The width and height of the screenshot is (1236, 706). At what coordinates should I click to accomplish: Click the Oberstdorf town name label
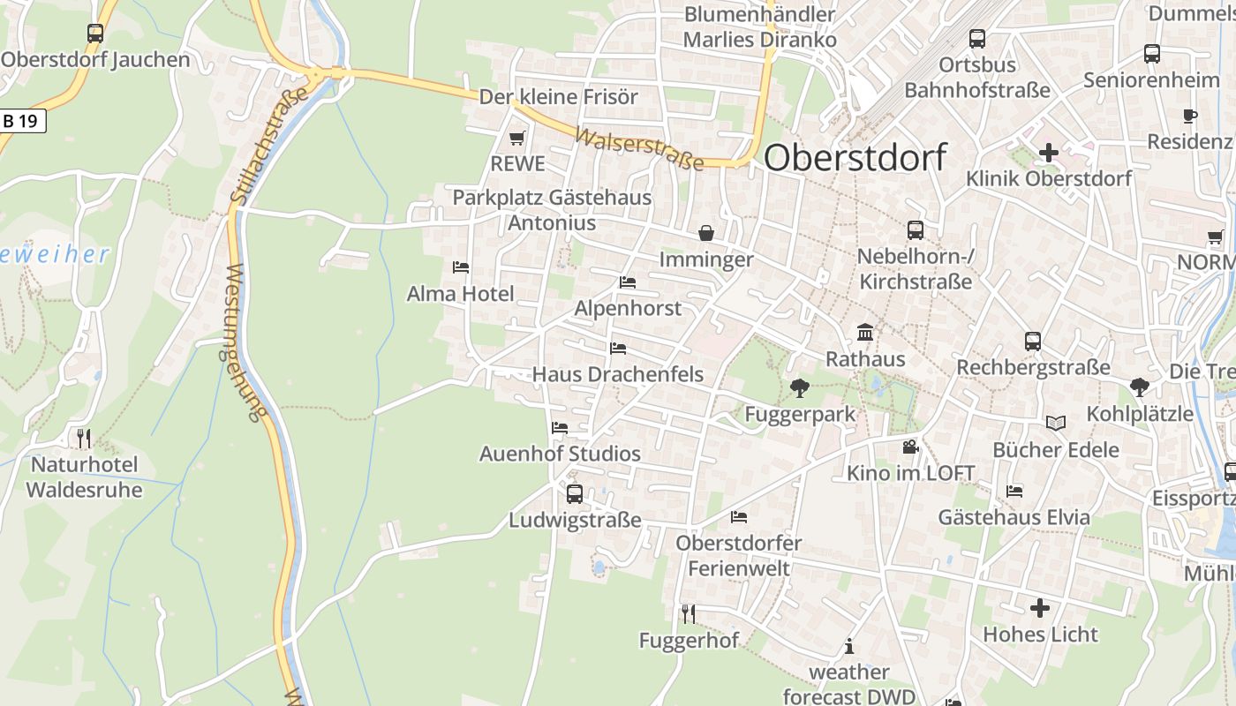(855, 157)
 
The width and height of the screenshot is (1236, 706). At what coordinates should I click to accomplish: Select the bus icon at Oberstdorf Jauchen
(95, 34)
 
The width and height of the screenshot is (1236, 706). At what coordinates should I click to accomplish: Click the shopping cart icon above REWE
(517, 139)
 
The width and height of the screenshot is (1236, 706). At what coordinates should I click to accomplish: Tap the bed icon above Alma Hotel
(460, 267)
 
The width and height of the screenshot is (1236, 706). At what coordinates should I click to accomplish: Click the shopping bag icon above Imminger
(706, 233)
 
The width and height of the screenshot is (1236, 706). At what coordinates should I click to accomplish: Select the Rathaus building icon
(865, 333)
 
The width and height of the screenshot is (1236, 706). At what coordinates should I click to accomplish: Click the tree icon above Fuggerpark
(800, 387)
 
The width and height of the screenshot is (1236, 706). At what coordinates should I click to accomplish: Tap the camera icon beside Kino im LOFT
(910, 447)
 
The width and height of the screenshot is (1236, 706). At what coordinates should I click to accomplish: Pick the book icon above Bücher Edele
(1056, 424)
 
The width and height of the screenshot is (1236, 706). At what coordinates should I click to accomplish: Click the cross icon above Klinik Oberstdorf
(1048, 153)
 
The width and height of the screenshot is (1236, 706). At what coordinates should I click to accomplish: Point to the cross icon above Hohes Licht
(1040, 608)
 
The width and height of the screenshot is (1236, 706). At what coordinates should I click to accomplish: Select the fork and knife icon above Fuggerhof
(689, 614)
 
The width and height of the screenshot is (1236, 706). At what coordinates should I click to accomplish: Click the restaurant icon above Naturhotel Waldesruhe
(84, 438)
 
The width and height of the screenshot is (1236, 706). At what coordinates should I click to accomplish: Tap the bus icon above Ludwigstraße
(575, 494)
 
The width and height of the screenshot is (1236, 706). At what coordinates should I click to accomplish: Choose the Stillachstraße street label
(269, 145)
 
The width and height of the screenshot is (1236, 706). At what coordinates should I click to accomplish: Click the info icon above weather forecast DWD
(849, 646)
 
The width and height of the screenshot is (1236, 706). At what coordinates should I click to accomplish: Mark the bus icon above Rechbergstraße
(1033, 342)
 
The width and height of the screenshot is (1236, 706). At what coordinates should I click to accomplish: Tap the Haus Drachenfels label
(618, 374)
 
